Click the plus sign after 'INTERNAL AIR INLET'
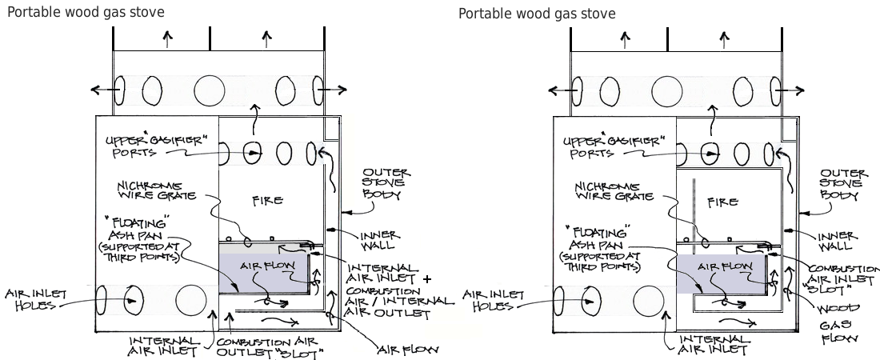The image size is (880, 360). (x=426, y=279)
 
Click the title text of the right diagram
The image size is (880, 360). (x=537, y=14)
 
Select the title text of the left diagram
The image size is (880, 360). (x=86, y=12)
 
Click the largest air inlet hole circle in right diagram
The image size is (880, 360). (x=649, y=301)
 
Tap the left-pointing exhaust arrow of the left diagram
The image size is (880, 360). (x=98, y=90)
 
